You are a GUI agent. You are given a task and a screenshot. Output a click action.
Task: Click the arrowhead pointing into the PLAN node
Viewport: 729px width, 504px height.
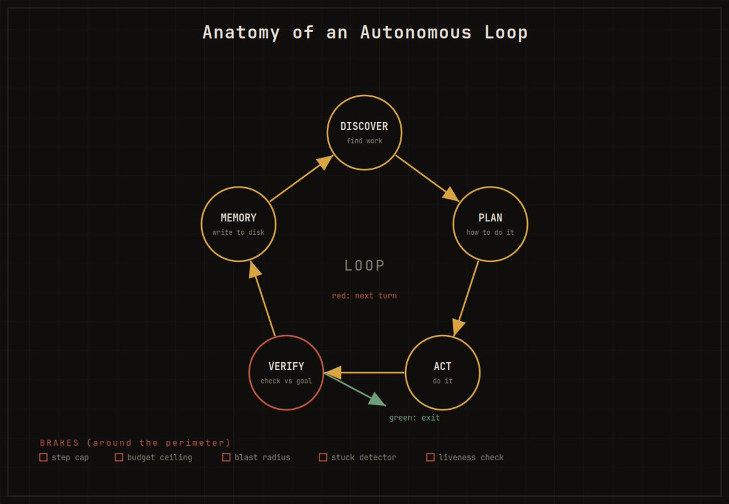point(451,195)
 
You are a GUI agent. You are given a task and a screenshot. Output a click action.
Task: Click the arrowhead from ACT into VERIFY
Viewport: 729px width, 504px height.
point(334,373)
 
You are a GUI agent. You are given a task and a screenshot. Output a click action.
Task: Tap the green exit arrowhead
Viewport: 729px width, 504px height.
point(377,400)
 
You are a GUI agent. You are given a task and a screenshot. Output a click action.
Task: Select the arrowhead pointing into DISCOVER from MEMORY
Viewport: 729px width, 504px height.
point(325,162)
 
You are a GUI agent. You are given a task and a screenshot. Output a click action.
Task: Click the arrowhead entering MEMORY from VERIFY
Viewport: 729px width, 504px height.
point(255,270)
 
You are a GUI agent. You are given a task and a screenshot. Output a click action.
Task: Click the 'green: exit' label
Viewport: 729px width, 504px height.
point(414,418)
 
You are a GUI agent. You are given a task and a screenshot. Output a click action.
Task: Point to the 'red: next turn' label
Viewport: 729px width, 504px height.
point(364,295)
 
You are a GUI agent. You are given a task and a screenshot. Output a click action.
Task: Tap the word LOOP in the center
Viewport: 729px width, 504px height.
point(364,266)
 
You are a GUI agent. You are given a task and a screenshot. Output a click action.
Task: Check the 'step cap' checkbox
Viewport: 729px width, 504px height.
point(43,457)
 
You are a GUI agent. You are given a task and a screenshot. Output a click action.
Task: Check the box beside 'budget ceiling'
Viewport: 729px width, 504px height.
point(119,457)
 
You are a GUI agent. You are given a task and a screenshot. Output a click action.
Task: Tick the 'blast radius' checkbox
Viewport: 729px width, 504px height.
point(226,457)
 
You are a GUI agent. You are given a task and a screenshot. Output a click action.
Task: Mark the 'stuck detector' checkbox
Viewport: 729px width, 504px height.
point(323,457)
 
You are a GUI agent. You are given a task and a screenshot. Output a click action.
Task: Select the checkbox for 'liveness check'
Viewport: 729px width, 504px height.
point(430,457)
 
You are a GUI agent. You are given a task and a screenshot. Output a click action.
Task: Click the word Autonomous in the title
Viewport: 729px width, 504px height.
point(416,33)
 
